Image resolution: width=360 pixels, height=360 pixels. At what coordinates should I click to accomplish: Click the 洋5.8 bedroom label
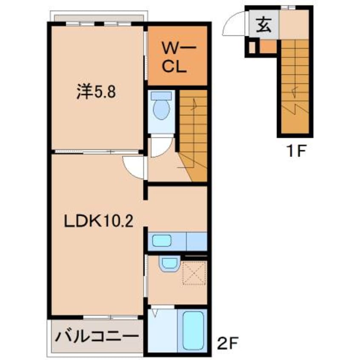96,92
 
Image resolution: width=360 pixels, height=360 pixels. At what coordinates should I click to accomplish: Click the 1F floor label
294,151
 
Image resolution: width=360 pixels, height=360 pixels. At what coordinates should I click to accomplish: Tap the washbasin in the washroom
169,264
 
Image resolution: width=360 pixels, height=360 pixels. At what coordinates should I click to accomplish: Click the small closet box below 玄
252,47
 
